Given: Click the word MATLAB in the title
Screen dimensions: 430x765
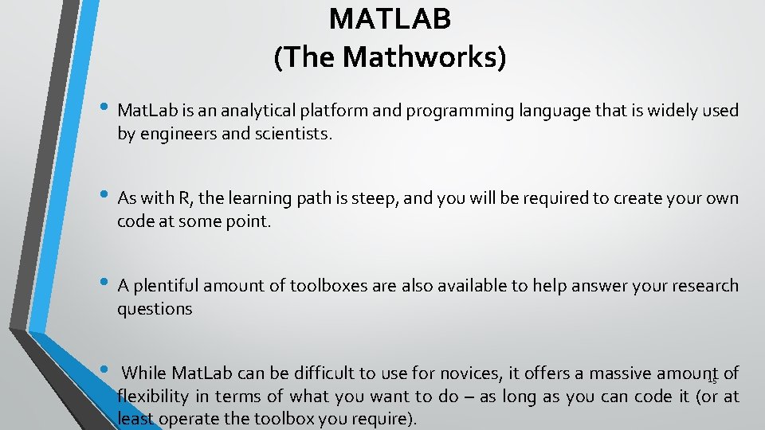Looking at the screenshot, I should click(390, 19).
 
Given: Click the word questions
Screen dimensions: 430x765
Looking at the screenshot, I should click(155, 309).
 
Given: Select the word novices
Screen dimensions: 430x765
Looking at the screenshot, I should click(472, 373).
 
